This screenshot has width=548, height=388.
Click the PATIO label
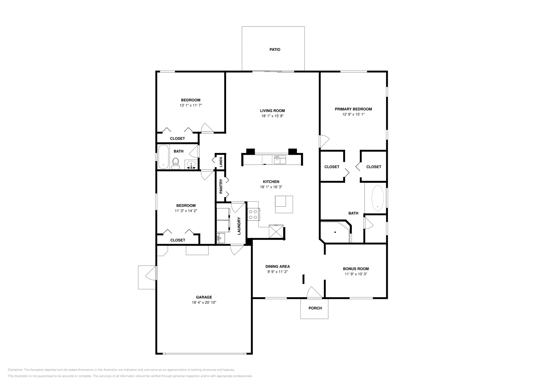click(x=275, y=50)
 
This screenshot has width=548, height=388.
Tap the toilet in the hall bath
click(x=176, y=163)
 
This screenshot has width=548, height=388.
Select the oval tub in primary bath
click(x=378, y=198)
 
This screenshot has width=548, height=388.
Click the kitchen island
click(x=284, y=204)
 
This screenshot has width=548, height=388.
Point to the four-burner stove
click(x=253, y=215)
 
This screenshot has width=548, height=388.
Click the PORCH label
click(x=315, y=308)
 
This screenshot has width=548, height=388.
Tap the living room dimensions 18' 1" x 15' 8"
click(x=272, y=116)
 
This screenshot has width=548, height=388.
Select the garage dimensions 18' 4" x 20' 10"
click(x=204, y=303)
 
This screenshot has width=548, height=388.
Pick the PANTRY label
click(x=221, y=186)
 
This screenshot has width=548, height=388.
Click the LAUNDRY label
click(x=239, y=226)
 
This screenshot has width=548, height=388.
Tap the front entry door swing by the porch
click(x=314, y=292)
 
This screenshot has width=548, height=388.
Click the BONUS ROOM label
click(x=356, y=269)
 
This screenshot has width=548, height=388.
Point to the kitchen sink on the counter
click(x=279, y=160)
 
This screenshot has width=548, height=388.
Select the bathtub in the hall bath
click(x=163, y=157)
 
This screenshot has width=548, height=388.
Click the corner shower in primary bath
click(x=335, y=232)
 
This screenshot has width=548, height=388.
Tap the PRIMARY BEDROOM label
click(x=353, y=109)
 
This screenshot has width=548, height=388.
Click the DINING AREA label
click(x=277, y=266)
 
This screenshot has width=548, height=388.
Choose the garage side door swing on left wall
click(x=150, y=273)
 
